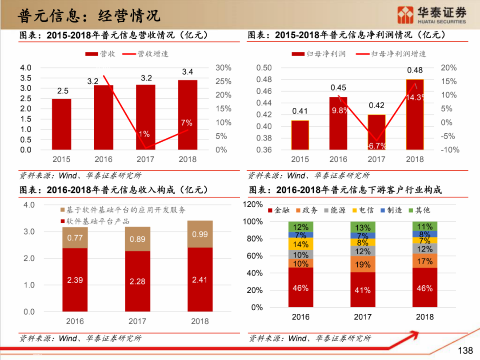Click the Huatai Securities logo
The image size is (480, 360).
click(431, 15)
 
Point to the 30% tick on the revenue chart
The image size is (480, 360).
click(224, 68)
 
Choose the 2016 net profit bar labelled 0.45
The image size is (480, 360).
click(338, 124)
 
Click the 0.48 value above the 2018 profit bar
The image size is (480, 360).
click(415, 70)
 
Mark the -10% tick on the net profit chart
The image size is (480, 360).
click(450, 150)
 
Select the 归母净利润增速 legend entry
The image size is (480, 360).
click(391, 54)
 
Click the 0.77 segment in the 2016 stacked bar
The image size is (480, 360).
click(75, 238)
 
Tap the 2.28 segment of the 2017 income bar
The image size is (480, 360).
click(137, 281)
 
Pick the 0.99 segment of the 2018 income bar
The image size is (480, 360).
click(200, 234)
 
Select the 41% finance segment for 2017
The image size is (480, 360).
click(362, 290)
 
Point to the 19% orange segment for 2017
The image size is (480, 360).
click(362, 264)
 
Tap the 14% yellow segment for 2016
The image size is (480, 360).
click(300, 244)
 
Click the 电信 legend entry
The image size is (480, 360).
click(363, 210)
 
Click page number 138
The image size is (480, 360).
click(465, 351)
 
